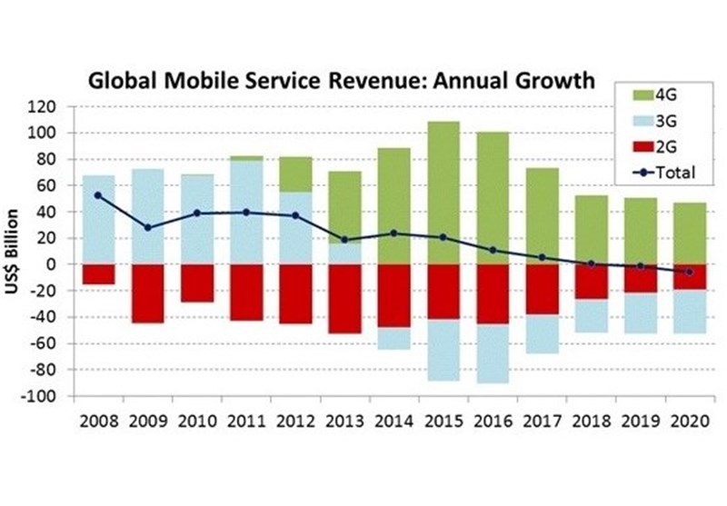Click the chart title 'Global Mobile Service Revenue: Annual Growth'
341,81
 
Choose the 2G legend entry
666,145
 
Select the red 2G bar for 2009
147,293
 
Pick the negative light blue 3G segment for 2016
492,353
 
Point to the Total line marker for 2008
98,195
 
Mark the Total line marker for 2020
688,272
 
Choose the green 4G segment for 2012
294,174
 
